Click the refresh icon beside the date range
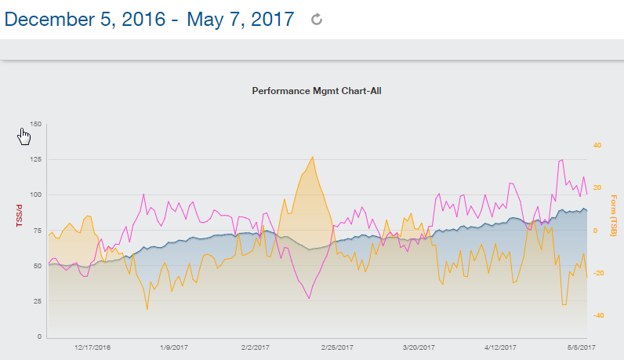[317, 20]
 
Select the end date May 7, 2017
[241, 20]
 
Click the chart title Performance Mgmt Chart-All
[316, 91]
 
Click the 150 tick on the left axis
[35, 124]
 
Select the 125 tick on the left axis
[35, 159]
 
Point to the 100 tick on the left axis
[35, 195]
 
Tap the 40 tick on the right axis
[597, 145]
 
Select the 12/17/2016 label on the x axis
[93, 347]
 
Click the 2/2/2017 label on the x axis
[256, 347]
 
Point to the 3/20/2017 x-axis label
[419, 347]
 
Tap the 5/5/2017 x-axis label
[580, 347]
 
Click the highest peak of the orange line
[313, 157]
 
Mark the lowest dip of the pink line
[309, 298]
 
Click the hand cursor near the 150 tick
[24, 136]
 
